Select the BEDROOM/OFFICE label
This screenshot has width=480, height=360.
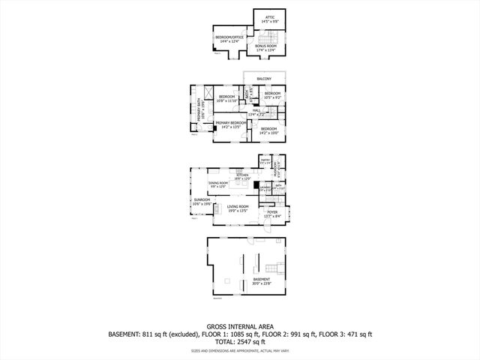[229, 37]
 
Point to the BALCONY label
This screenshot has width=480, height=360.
[263, 79]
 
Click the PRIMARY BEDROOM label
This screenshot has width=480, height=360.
[231, 122]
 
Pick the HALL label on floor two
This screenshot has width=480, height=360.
[256, 110]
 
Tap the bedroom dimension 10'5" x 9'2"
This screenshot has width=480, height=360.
[271, 97]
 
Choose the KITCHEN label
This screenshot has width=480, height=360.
[242, 175]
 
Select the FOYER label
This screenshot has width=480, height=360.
[271, 211]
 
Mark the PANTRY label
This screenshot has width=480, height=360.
[264, 160]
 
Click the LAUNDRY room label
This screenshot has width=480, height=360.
[265, 188]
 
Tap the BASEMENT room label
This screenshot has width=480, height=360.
[261, 279]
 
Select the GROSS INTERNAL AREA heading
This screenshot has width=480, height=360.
[239, 327]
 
